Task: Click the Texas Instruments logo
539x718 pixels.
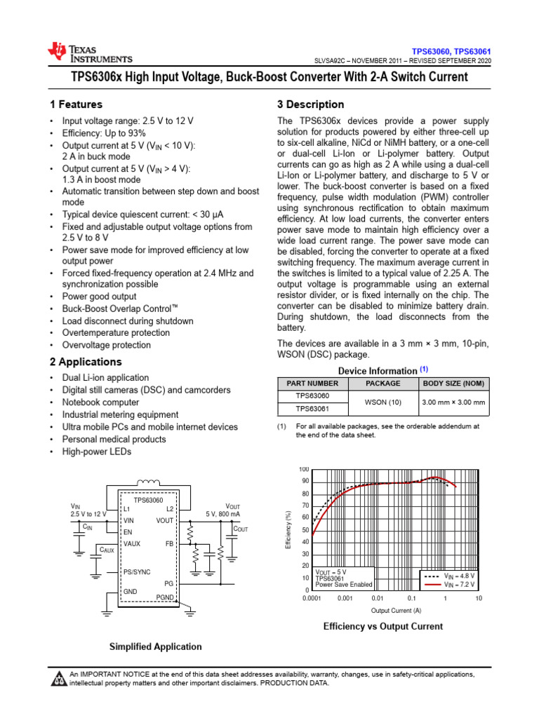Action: click(89, 52)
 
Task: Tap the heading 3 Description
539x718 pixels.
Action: click(311, 104)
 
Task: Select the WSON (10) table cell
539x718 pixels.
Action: click(383, 402)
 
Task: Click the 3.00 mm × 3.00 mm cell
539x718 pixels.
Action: click(453, 402)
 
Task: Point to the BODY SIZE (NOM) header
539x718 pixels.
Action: click(453, 384)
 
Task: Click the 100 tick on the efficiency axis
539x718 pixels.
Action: click(305, 469)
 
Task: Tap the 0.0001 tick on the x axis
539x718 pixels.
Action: click(312, 599)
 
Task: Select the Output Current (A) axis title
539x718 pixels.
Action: click(396, 610)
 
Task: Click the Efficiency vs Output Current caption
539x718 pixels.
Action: click(382, 626)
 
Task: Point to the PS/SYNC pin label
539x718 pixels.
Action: click(137, 572)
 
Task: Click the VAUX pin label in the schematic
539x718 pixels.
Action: click(133, 543)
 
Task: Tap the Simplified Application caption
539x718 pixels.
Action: click(155, 646)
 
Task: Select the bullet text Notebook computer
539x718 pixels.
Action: click(100, 402)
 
